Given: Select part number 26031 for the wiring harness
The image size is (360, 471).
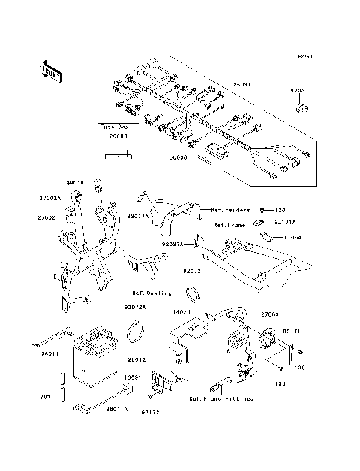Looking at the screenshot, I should click(241, 84).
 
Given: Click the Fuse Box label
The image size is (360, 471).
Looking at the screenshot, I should click(115, 128).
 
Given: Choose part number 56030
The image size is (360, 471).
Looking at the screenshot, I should click(176, 158).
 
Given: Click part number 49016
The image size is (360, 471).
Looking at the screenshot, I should click(74, 182).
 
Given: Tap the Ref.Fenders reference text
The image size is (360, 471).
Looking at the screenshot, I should click(232, 208).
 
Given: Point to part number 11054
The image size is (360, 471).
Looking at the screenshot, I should click(293, 237).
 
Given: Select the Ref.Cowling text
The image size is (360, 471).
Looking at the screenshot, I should click(152, 292).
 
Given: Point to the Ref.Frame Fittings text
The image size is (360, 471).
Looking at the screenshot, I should click(220, 399).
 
